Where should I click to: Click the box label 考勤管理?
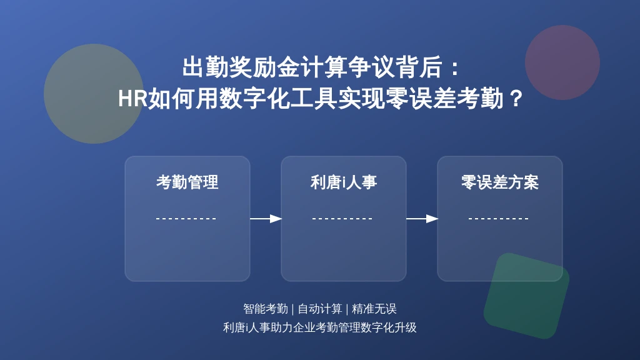click(x=187, y=182)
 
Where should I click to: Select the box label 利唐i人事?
click(x=344, y=182)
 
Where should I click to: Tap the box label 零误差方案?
click(x=500, y=182)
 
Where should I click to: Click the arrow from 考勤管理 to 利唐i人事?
click(x=266, y=219)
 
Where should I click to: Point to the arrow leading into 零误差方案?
click(x=422, y=219)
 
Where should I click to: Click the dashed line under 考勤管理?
click(x=186, y=219)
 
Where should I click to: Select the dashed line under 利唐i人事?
click(x=342, y=219)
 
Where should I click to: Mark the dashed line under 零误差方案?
click(x=499, y=219)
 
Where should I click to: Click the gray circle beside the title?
click(x=94, y=94)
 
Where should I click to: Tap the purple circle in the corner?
click(x=562, y=62)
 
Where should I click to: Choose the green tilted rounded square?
click(x=526, y=296)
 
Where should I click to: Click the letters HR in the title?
click(x=132, y=99)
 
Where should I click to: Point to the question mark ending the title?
click(x=516, y=99)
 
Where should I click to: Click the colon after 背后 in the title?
click(x=456, y=67)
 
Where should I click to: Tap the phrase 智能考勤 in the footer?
click(x=266, y=309)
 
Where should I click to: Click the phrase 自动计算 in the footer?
click(x=320, y=309)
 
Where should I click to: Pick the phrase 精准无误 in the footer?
click(x=374, y=309)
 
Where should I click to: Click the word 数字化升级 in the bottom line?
click(x=389, y=327)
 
